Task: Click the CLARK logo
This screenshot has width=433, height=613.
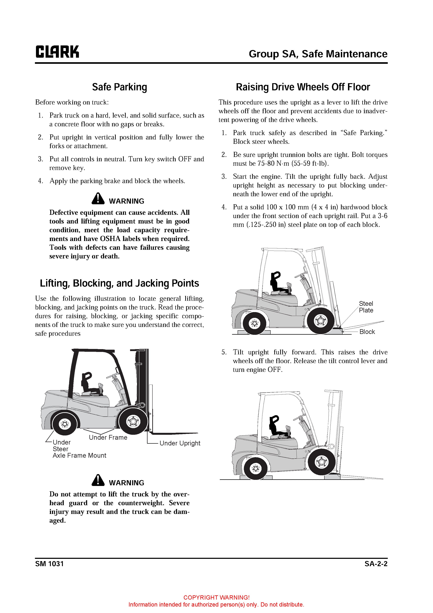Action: (x=57, y=52)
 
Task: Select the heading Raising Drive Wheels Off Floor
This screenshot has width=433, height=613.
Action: (x=303, y=87)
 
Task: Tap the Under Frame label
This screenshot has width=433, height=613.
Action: (x=108, y=438)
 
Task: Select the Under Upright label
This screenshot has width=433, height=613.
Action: (x=180, y=443)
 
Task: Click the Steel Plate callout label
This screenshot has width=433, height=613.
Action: (x=366, y=307)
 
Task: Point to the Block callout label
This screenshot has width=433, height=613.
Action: (x=367, y=332)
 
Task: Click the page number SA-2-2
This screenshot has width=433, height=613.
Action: (x=376, y=564)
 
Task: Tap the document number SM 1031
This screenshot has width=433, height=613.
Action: (x=49, y=564)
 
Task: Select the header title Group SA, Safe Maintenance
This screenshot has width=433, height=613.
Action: (x=318, y=54)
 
